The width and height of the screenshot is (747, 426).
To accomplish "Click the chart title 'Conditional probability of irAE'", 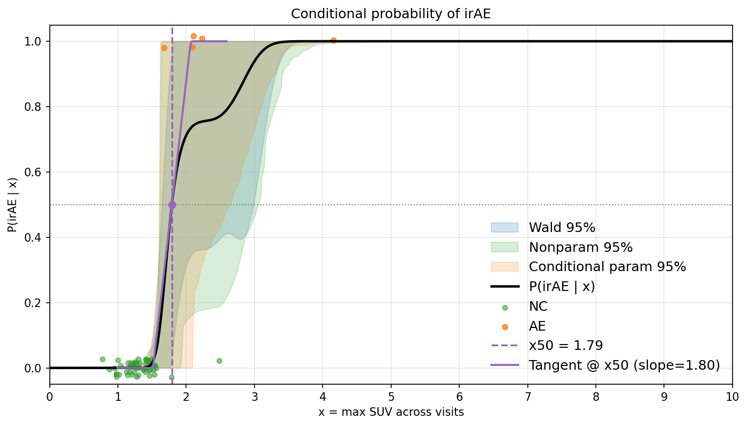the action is click(391, 14).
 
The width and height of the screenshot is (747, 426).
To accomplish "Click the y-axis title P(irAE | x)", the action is click(12, 205).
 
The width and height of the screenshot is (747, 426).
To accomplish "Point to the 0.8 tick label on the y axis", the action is click(32, 107).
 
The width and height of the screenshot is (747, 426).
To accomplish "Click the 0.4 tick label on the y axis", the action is click(32, 238).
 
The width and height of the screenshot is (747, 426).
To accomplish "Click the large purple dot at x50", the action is click(172, 205).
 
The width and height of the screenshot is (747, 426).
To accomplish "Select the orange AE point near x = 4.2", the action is click(333, 40).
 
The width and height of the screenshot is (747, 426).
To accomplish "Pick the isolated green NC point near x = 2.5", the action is click(219, 361).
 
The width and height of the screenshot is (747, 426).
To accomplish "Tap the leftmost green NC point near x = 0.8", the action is click(103, 359).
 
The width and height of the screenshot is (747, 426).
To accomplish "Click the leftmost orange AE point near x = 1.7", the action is click(164, 48).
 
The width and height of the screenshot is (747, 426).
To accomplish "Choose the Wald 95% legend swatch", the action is click(505, 228).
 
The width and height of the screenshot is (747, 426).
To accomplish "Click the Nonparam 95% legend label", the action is click(580, 247).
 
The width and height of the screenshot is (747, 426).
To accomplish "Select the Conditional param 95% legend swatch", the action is click(505, 266).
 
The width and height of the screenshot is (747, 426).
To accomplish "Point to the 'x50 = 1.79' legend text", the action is click(566, 345).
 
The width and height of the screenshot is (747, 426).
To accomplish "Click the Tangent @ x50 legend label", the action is click(624, 365).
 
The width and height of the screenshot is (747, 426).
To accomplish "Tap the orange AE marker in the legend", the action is click(505, 327).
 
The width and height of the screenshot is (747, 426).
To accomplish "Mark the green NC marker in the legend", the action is click(505, 308).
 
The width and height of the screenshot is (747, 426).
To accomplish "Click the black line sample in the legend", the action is click(505, 287).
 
